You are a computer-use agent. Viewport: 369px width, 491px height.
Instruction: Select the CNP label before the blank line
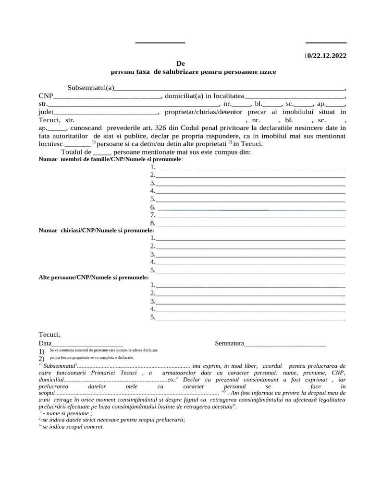point(46,95)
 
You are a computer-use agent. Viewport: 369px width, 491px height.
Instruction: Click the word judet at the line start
point(47,112)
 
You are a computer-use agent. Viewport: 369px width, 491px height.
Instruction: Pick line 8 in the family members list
point(250,223)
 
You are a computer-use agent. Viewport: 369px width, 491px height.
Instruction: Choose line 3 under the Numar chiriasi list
point(250,254)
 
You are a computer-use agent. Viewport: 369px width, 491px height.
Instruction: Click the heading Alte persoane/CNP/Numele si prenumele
point(94,277)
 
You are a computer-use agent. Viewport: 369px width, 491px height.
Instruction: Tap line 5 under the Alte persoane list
point(250,317)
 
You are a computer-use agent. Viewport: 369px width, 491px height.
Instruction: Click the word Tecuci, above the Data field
point(49,335)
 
